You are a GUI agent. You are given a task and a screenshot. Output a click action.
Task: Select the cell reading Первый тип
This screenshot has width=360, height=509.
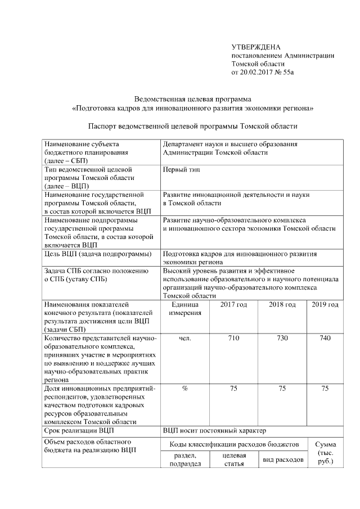click(182, 169)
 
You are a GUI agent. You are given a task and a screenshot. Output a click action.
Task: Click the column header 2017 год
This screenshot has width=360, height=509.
click(233, 305)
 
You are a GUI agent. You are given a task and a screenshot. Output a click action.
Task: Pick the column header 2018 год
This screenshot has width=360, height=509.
click(282, 305)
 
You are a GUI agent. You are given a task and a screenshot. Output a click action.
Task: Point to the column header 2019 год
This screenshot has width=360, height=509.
click(325, 305)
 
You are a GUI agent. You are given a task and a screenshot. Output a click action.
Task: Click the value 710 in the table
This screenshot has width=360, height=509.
click(233, 339)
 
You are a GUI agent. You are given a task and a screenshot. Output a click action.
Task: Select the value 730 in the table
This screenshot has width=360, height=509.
click(282, 339)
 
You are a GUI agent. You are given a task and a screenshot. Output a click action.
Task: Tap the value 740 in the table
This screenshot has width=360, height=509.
click(325, 339)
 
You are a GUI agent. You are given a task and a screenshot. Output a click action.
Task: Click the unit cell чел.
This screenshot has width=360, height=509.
click(185, 339)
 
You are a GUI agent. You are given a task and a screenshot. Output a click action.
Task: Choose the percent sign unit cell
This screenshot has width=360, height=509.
click(185, 389)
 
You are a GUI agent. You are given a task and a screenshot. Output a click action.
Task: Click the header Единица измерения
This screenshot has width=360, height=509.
click(185, 309)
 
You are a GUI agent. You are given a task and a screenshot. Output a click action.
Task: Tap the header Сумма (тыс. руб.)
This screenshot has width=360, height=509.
click(325, 453)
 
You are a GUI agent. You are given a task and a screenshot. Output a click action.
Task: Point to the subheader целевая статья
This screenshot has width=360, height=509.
click(234, 460)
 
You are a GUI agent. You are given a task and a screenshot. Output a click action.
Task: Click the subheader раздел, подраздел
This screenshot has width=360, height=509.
click(185, 460)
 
